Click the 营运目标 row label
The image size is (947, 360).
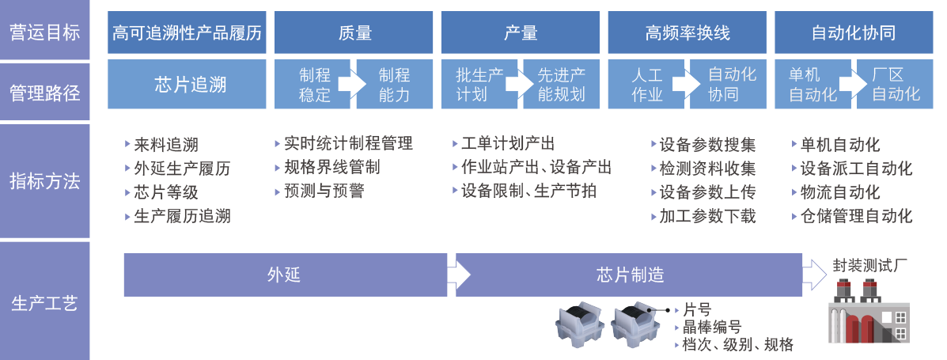click(x=45, y=32)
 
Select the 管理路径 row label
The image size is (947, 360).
click(x=45, y=93)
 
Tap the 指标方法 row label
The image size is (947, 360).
click(x=45, y=181)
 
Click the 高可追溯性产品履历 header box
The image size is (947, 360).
click(x=187, y=33)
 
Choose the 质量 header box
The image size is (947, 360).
click(x=354, y=33)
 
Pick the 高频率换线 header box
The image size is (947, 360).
click(x=687, y=33)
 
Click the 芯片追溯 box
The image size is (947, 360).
click(x=187, y=85)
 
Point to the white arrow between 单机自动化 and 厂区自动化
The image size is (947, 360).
click(x=847, y=84)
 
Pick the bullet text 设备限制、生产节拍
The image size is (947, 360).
click(x=528, y=191)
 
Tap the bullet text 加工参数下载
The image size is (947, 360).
click(x=707, y=216)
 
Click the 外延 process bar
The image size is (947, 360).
click(x=284, y=275)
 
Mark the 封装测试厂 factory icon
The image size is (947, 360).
click(x=867, y=313)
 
